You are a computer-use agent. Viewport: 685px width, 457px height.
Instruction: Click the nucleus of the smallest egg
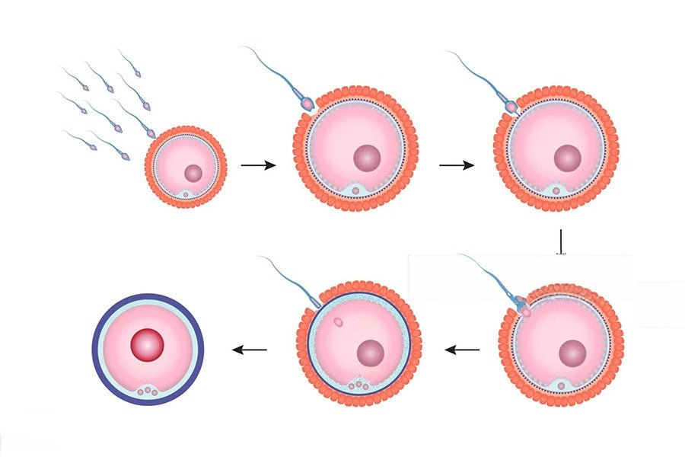(193, 173)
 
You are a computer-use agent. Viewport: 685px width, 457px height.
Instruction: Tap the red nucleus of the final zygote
(148, 345)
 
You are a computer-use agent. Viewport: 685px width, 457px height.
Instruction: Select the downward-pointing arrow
(561, 241)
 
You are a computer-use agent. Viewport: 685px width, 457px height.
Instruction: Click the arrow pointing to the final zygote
(250, 350)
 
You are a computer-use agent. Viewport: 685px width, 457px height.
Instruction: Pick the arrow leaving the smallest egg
(257, 164)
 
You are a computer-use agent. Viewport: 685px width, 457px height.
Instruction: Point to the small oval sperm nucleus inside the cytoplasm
(337, 322)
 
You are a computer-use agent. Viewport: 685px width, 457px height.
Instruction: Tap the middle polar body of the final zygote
(147, 391)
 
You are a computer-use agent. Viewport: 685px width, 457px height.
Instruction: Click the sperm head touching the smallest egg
(151, 133)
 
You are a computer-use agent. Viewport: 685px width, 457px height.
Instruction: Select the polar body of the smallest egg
(186, 195)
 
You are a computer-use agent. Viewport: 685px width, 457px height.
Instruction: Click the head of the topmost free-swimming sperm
(138, 75)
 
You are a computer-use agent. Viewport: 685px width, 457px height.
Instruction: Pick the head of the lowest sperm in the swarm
(126, 157)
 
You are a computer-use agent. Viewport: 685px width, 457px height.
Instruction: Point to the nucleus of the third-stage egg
(567, 158)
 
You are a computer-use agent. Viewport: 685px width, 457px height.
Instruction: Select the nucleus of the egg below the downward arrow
(572, 353)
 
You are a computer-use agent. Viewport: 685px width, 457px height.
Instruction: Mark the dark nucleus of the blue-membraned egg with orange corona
(371, 353)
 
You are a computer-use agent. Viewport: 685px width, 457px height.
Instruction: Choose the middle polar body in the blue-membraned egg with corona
(358, 386)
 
